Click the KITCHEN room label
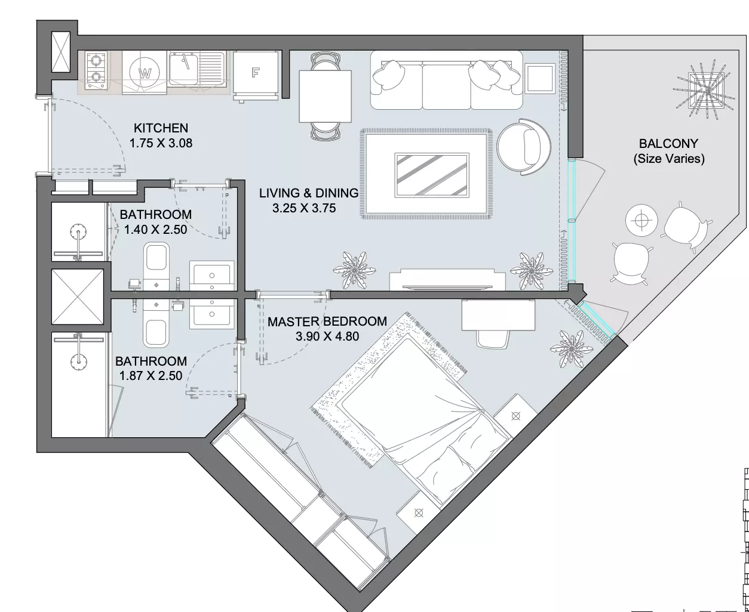point(161,128)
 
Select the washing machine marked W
point(145,73)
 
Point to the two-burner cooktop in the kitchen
point(96,70)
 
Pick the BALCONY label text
point(668,143)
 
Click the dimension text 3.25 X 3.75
point(304,208)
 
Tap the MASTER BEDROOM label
point(327,322)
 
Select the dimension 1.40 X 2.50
point(155,230)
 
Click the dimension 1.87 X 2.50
point(151,376)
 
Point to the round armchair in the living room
point(524,147)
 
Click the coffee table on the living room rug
point(432,175)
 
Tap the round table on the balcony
point(641,221)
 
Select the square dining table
point(326,97)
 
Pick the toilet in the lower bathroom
point(156,324)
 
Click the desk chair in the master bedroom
point(492,339)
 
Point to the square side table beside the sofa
point(540,78)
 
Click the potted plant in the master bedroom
point(571,349)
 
